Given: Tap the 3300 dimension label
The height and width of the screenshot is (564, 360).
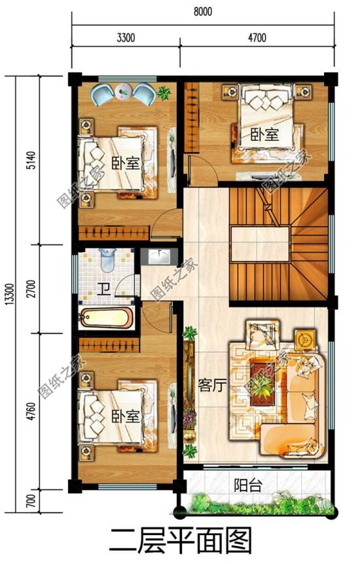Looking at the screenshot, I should coord(126,38).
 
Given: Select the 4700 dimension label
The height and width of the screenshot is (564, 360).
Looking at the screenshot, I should coord(257,38).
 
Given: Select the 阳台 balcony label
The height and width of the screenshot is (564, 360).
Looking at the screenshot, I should coord(248,485).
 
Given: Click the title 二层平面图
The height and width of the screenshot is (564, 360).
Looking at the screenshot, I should coord(180,541).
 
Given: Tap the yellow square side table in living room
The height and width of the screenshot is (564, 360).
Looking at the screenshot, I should coord(305,340).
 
